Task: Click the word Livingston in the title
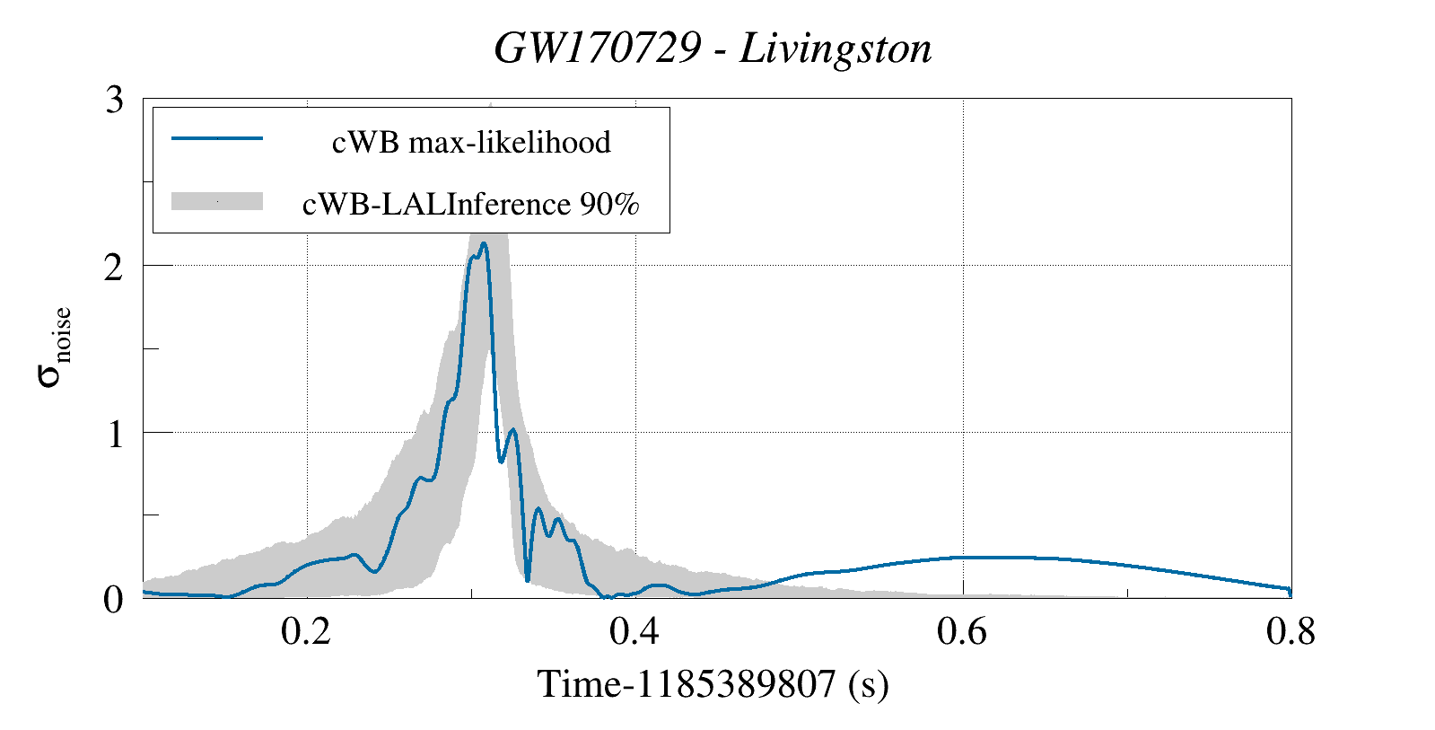(x=836, y=48)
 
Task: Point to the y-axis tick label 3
(x=114, y=100)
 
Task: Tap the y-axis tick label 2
(x=114, y=267)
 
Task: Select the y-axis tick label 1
(x=114, y=434)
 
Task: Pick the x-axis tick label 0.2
(x=306, y=633)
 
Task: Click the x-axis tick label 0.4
(x=634, y=633)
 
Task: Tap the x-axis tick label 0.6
(x=962, y=633)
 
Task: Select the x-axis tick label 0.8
(x=1290, y=633)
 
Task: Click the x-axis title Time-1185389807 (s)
(x=713, y=685)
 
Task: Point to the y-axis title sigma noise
(x=54, y=347)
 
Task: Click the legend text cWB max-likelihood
(x=471, y=142)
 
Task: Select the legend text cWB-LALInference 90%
(x=471, y=204)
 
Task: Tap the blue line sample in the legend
(x=216, y=138)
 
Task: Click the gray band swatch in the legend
(x=216, y=201)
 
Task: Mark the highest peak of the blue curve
(x=484, y=243)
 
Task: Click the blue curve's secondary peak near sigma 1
(x=512, y=430)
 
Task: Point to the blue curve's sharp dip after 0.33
(x=528, y=580)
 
